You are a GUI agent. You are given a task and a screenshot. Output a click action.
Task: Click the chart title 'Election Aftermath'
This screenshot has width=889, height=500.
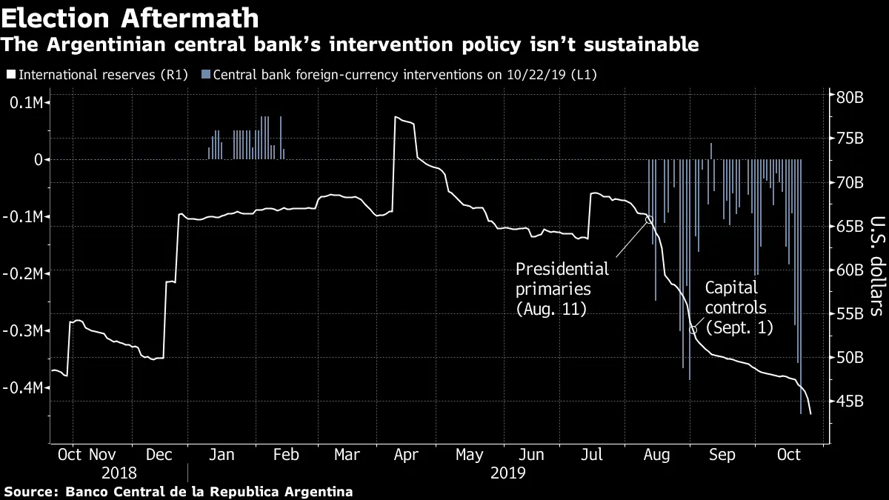pos(130,16)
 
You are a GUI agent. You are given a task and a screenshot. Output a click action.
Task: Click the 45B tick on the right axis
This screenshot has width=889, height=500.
pos(851,401)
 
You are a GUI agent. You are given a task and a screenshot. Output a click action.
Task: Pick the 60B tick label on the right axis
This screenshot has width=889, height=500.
pos(851,270)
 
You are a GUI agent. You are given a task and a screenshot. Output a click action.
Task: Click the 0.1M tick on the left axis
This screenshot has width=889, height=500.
pos(27,102)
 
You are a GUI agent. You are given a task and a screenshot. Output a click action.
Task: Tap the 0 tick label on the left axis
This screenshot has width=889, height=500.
pos(38,159)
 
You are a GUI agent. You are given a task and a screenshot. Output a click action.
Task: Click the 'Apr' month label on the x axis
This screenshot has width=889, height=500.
pos(404,455)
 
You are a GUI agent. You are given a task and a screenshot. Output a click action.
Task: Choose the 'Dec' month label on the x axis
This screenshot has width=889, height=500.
pos(159,455)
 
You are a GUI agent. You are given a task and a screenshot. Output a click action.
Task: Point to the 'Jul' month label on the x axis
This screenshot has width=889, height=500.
pos(591,455)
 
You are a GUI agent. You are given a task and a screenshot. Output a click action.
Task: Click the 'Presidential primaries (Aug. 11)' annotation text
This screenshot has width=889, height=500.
pos(562,289)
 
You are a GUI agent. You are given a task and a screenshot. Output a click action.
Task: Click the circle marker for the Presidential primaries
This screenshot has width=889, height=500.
pos(650,219)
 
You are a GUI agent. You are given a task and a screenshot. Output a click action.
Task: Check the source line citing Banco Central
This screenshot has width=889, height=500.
pos(178,491)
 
